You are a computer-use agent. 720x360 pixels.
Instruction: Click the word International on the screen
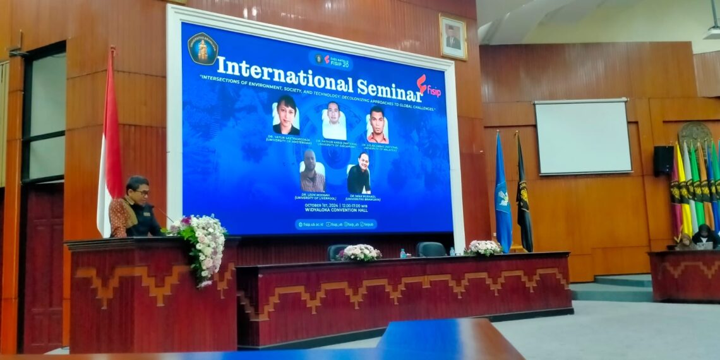click(284, 75)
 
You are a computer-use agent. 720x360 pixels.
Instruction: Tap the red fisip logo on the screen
click(429, 87)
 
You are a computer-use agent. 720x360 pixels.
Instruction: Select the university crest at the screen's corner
click(203, 49)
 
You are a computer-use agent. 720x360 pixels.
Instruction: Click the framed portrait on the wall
click(452, 37)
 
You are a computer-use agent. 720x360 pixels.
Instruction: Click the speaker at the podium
click(134, 208)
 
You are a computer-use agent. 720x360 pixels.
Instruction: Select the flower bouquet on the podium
click(201, 246)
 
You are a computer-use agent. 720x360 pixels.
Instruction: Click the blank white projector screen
click(582, 136)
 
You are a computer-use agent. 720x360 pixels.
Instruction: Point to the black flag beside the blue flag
click(524, 196)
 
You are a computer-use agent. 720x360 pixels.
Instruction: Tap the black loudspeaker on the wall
click(663, 160)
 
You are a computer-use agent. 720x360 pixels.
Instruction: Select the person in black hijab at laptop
click(704, 237)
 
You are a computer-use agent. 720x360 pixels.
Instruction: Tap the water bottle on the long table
click(402, 253)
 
